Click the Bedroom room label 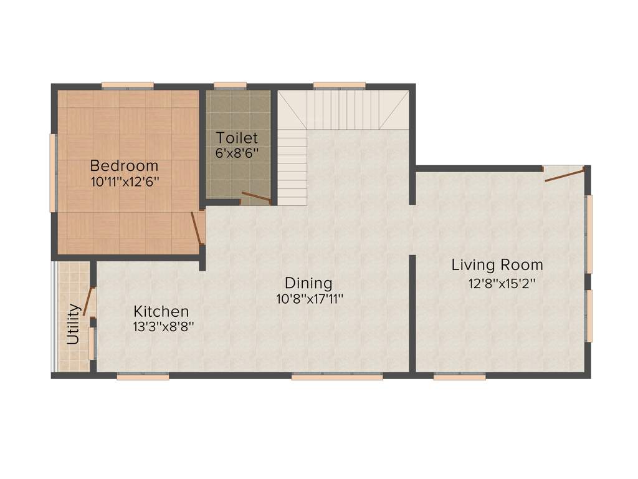tap(124, 166)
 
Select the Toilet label tap(237, 138)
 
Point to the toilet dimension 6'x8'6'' tap(237, 152)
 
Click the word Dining tap(308, 283)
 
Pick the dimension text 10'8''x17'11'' tap(310, 299)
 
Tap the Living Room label tap(497, 265)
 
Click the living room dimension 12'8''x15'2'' tap(502, 283)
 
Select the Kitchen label tap(161, 311)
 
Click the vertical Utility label tap(73, 324)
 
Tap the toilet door tap(256, 198)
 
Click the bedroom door tap(197, 228)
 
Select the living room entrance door tap(564, 174)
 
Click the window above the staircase tap(339, 85)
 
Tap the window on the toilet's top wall tap(230, 85)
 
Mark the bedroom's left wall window tap(53, 172)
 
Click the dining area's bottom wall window tap(337, 377)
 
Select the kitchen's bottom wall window tap(143, 377)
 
